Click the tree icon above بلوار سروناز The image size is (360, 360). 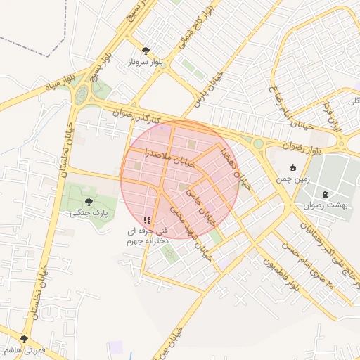pos(146,51)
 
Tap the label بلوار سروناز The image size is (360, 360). pos(146,63)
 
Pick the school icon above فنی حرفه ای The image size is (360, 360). pos(146,220)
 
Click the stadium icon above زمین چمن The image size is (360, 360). pos(294,167)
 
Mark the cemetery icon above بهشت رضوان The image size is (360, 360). pos(324,194)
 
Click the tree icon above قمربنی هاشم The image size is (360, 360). pos(25,339)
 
